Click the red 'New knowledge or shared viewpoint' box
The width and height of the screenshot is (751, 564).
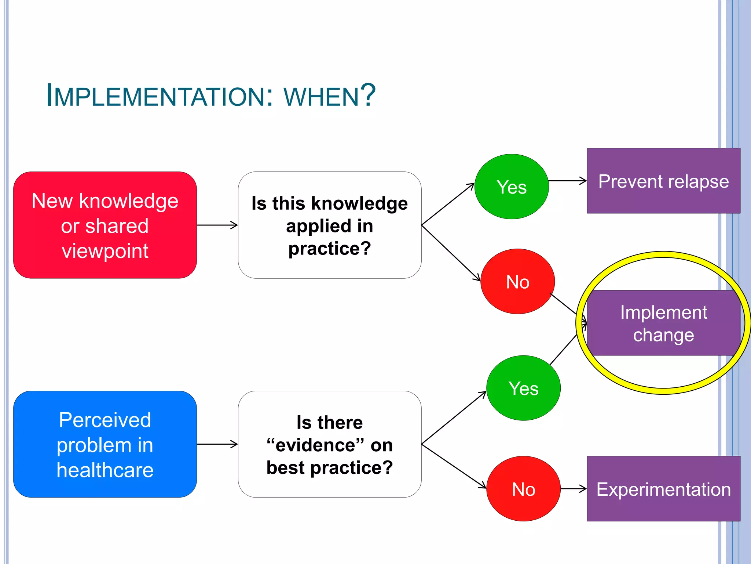105,225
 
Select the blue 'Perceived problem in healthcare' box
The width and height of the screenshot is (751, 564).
105,444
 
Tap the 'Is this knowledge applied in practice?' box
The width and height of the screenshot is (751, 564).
330,225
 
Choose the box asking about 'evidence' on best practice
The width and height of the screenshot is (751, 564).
330,444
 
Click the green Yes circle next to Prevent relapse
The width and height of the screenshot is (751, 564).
512,187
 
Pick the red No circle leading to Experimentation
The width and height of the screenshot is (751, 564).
523,489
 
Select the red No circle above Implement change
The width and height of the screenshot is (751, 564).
517,281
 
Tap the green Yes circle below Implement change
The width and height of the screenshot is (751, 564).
523,388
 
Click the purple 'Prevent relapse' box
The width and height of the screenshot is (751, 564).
663,181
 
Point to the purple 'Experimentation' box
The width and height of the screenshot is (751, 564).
663,489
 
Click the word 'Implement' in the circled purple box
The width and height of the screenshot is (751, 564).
663,312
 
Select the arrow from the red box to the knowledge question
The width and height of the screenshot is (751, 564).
217,225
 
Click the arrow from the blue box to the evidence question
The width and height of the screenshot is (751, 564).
217,444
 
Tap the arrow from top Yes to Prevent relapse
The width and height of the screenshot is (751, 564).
568,181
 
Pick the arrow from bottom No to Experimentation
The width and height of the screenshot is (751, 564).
574,489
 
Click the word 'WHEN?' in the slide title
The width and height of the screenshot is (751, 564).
329,96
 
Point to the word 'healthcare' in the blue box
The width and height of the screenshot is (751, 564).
105,470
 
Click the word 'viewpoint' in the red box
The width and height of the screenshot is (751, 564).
105,251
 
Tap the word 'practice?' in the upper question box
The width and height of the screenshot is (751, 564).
330,249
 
